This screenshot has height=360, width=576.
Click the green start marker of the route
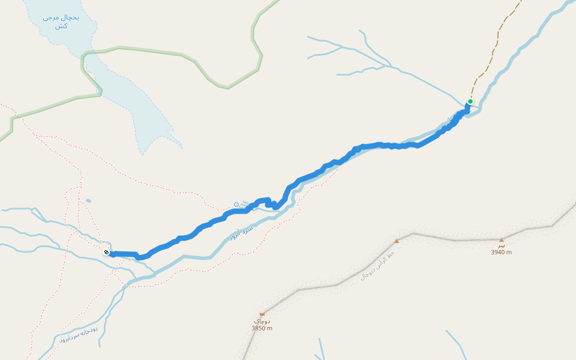pyautogui.click(x=470, y=101)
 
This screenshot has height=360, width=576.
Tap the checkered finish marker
pyautogui.click(x=106, y=253)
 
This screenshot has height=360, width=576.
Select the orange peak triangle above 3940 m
pyautogui.click(x=502, y=240)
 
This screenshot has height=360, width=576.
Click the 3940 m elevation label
pyautogui.click(x=501, y=253)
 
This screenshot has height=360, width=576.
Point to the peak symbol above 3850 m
pyautogui.click(x=262, y=314)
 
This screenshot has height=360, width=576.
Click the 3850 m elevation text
pyautogui.click(x=262, y=328)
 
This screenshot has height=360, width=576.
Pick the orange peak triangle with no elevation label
pyautogui.click(x=396, y=241)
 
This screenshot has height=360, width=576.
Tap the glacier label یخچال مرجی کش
pyautogui.click(x=61, y=22)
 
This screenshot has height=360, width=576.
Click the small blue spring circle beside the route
pyautogui.click(x=236, y=205)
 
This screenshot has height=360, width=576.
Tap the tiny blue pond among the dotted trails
pyautogui.click(x=88, y=201)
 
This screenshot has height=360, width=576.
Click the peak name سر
pyautogui.click(x=502, y=245)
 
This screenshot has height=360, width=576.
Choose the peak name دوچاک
pyautogui.click(x=262, y=321)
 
